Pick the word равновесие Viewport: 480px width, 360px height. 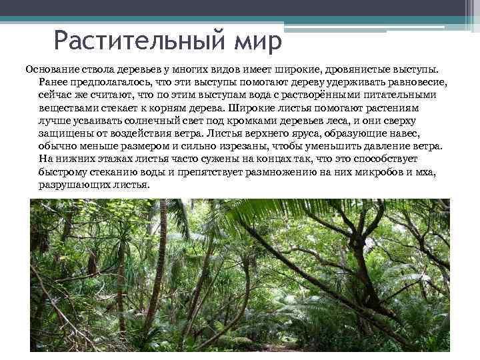coord(412,81)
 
